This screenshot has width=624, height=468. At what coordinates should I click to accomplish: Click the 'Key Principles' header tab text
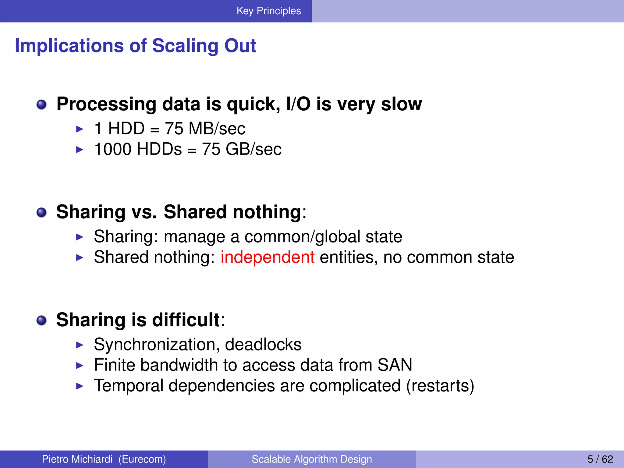click(x=268, y=11)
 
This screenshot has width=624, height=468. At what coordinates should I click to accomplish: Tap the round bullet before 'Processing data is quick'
click(x=41, y=105)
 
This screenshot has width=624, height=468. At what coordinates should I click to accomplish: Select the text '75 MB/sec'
click(x=205, y=128)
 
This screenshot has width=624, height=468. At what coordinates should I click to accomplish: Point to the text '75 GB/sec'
click(x=242, y=149)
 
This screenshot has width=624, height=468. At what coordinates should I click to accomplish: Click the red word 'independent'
click(x=267, y=257)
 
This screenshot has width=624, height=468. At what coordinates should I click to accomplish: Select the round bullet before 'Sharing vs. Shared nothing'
click(x=41, y=212)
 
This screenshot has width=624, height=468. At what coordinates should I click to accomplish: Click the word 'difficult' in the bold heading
click(x=186, y=320)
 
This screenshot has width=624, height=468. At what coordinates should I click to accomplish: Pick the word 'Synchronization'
click(x=157, y=345)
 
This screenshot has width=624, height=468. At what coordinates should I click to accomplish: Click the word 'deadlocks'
click(x=263, y=345)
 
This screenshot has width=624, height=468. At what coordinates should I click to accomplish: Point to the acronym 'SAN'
click(x=395, y=365)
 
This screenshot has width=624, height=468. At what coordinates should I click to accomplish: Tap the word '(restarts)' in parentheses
click(x=440, y=385)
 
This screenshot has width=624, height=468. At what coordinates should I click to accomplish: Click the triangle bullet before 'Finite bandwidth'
click(x=80, y=365)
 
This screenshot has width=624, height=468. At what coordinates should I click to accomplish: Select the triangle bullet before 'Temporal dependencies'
click(x=80, y=386)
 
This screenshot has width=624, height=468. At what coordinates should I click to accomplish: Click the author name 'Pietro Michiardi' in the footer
click(x=77, y=459)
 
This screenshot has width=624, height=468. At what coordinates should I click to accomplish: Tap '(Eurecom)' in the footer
click(x=142, y=459)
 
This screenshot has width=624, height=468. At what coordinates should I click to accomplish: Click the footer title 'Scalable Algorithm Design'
click(x=312, y=459)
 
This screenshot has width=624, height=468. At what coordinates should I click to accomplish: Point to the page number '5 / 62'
click(x=600, y=459)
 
